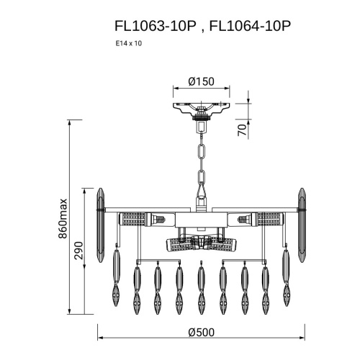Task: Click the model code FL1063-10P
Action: click(x=156, y=26)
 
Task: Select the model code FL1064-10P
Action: click(x=250, y=26)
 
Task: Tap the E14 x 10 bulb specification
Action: click(x=129, y=43)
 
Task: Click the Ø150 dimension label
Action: click(x=201, y=81)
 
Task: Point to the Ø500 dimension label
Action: click(x=201, y=333)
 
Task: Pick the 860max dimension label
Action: click(x=63, y=218)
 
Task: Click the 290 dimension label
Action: click(x=78, y=251)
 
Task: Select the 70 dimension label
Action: click(x=243, y=130)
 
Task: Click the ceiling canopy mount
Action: click(x=201, y=110)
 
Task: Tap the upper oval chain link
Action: click(x=201, y=152)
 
